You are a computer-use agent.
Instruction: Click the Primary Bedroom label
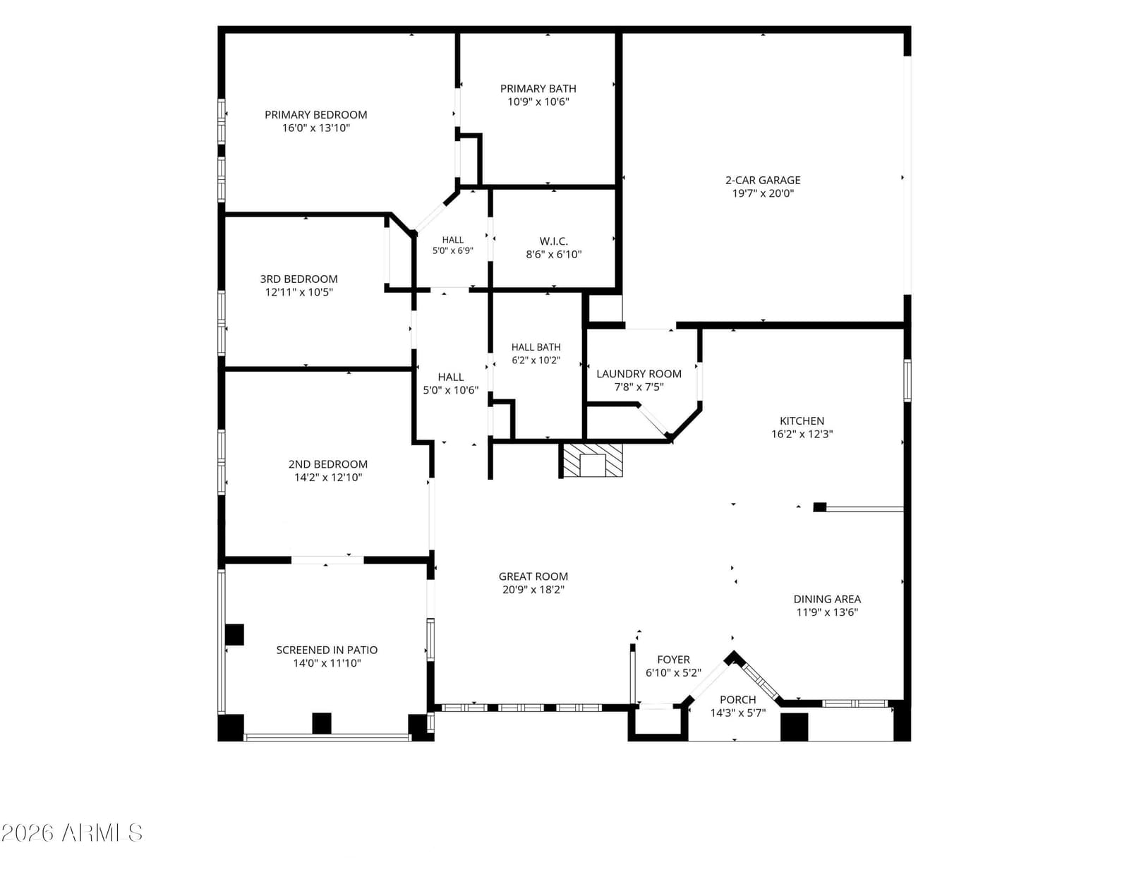pos(316,115)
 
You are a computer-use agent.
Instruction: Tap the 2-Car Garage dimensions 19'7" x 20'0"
pos(763,194)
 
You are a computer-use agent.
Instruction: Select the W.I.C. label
pos(553,241)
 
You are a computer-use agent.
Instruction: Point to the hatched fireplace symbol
pos(592,459)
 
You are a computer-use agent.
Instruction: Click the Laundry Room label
pos(639,374)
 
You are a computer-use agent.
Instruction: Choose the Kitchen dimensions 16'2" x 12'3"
pos(802,434)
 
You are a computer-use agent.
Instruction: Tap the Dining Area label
pos(826,599)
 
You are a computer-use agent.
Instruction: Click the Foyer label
pos(673,660)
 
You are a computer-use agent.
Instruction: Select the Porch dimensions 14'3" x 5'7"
pos(738,713)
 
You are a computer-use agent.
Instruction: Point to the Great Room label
pos(533,576)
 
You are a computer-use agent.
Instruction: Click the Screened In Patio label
pos(327,650)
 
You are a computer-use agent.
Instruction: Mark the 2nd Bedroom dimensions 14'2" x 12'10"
pos(328,478)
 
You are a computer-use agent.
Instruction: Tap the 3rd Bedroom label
pos(298,279)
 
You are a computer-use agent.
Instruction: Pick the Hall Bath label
pos(536,347)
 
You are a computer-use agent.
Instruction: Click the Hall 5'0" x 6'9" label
pos(452,245)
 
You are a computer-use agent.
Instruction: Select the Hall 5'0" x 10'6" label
pos(450,384)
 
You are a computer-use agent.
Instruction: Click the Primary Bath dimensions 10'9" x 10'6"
pos(538,102)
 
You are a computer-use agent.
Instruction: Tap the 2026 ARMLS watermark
pos(72,832)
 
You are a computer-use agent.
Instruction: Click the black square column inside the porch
pos(795,727)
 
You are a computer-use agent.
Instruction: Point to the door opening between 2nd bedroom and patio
pos(327,560)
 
